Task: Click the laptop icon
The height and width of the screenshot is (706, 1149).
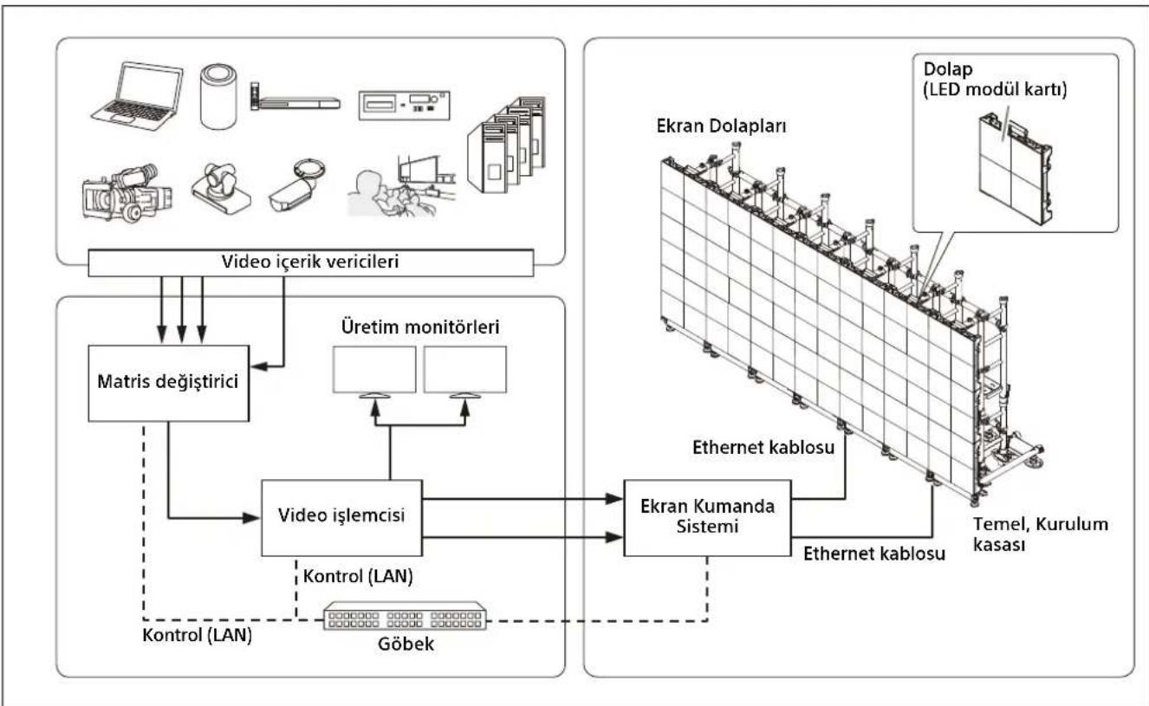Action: [x=137, y=95]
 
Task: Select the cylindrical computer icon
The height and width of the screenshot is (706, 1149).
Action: [x=218, y=96]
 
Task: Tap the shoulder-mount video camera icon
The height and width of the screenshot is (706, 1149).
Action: [x=127, y=193]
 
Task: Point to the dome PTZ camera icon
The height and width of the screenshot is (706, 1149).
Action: [x=221, y=188]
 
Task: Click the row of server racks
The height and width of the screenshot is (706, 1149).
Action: [x=507, y=144]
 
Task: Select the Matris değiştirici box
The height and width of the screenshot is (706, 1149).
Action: [x=169, y=383]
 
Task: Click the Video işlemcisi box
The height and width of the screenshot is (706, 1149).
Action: [x=341, y=518]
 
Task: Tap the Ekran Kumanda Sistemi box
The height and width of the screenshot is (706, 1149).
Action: [x=707, y=518]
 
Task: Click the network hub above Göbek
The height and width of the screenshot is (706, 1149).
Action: [x=405, y=616]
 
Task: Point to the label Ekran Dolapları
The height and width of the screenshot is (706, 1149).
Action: [x=721, y=126]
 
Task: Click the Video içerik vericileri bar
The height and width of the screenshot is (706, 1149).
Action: [x=311, y=262]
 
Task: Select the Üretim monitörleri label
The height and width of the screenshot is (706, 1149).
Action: [x=420, y=327]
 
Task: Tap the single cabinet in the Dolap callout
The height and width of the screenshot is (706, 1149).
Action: [x=1015, y=169]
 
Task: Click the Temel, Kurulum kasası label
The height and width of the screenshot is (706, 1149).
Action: [x=1041, y=534]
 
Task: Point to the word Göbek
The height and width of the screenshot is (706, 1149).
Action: [x=406, y=644]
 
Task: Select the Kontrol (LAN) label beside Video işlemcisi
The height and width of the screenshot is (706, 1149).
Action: [x=358, y=576]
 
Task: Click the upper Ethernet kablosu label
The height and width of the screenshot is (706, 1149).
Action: [x=763, y=447]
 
